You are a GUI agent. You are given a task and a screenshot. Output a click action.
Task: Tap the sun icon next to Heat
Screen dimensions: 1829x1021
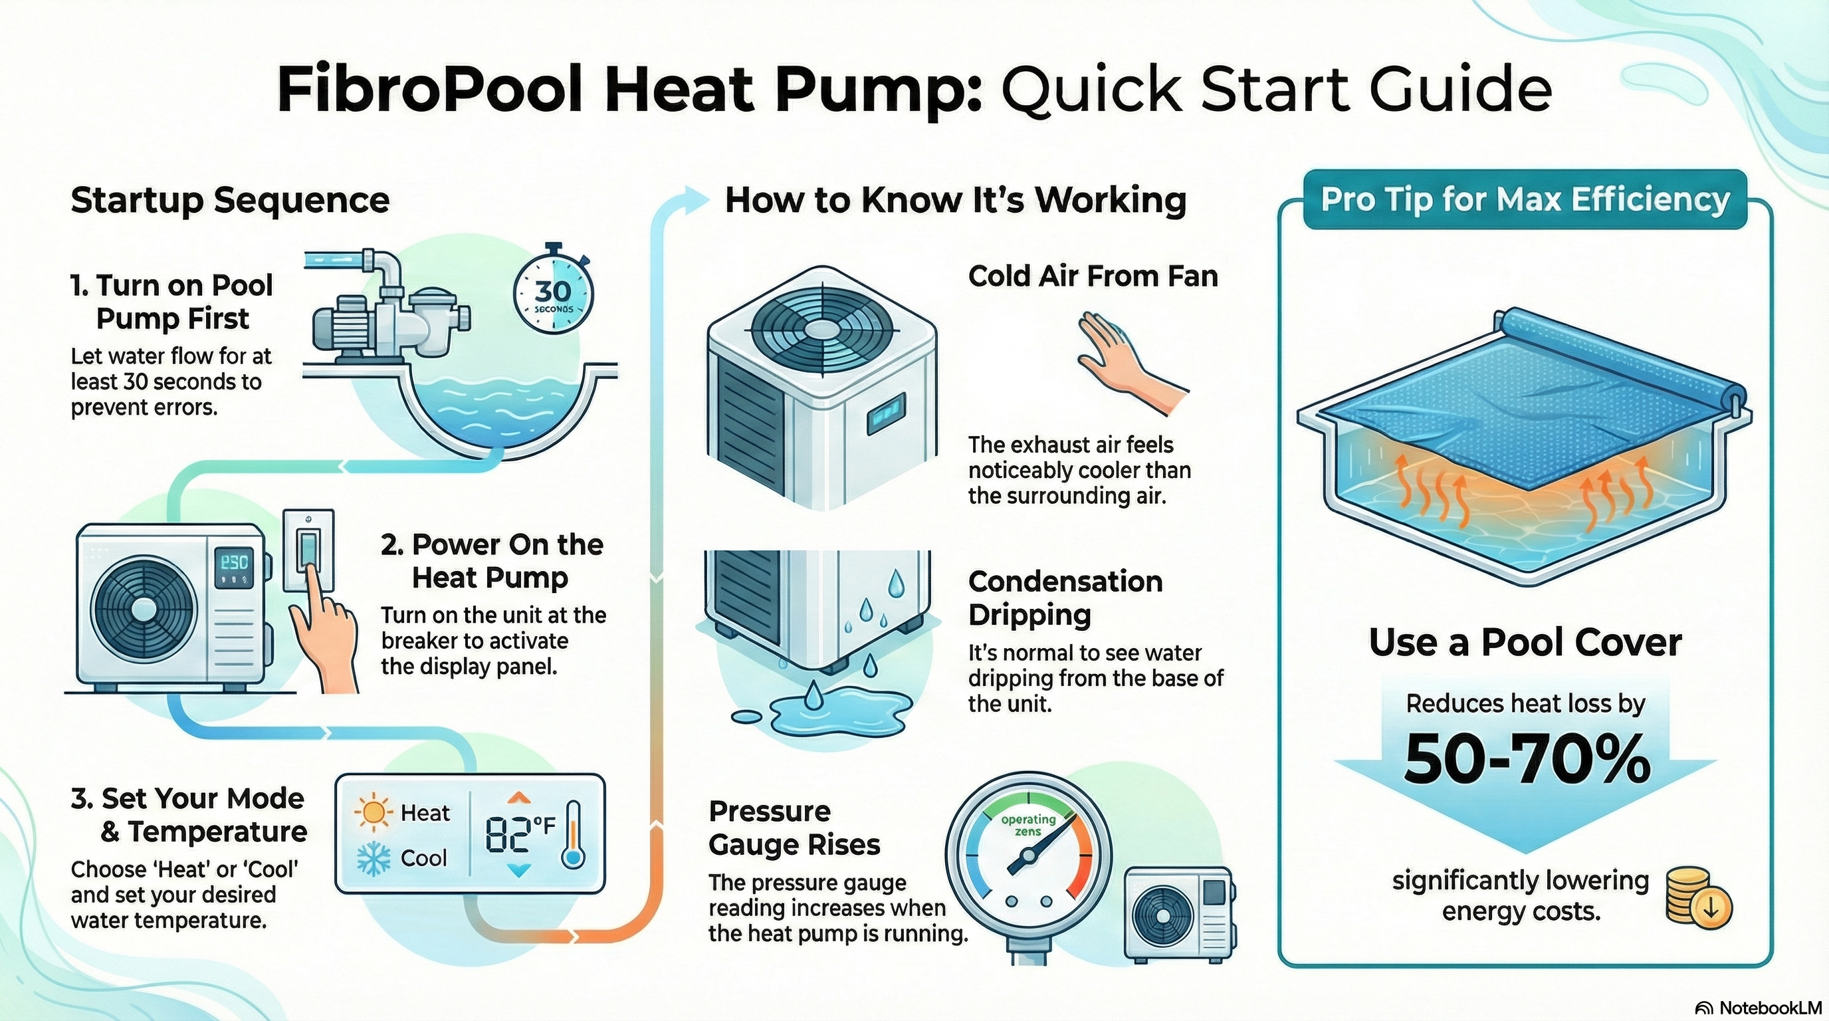[373, 813]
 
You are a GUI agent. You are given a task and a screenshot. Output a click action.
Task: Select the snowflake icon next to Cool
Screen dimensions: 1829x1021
[372, 858]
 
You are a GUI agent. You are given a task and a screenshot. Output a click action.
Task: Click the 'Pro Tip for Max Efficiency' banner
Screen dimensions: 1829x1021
[1525, 199]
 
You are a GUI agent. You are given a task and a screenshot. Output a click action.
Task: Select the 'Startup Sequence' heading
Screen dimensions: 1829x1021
[230, 200]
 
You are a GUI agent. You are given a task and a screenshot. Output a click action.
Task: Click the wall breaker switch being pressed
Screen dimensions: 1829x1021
[309, 550]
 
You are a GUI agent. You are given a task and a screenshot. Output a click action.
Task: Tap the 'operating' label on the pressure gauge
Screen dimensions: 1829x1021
[1028, 820]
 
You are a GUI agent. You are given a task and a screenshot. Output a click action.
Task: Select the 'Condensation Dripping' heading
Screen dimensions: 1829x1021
[1065, 598]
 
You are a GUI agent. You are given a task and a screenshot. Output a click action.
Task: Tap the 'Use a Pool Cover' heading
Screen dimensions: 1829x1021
[1525, 643]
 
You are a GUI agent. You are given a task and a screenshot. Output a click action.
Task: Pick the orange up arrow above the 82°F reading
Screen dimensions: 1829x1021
[519, 796]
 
